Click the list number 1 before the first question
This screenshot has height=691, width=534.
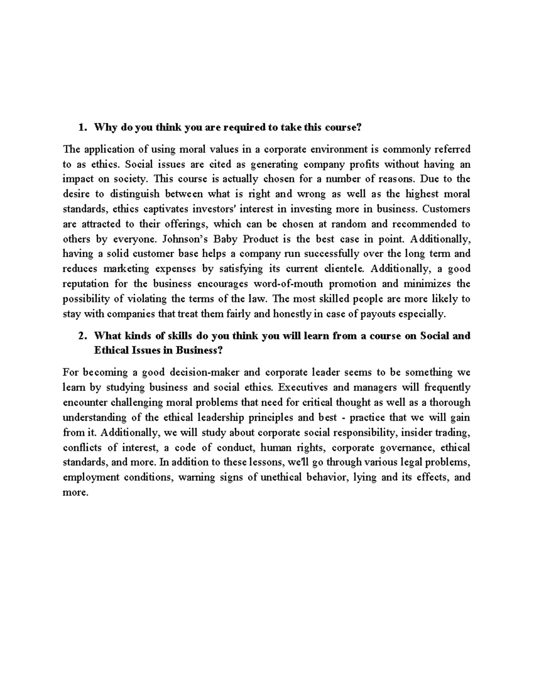click(81, 128)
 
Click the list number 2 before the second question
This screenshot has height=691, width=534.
click(81, 336)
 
